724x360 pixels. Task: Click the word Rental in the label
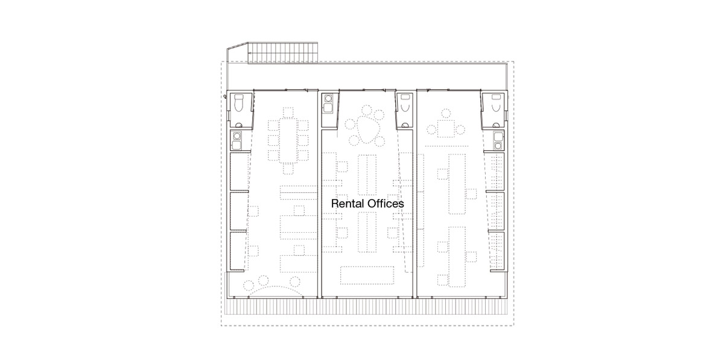tap(348, 204)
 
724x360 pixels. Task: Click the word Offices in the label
tap(386, 204)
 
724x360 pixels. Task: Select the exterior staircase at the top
tap(282, 52)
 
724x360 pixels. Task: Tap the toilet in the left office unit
tap(239, 103)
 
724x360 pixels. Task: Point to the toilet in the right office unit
tap(496, 103)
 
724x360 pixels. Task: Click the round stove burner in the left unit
tap(237, 136)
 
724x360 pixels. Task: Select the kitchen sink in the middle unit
tap(328, 108)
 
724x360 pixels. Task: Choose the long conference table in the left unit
tap(288, 140)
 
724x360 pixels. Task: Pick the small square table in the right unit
tap(446, 128)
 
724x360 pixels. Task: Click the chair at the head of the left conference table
tap(288, 112)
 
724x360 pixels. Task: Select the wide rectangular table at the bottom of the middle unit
tap(367, 276)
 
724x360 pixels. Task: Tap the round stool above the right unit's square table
tap(446, 114)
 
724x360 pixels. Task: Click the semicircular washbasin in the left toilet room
tap(239, 125)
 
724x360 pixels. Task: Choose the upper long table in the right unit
tap(457, 184)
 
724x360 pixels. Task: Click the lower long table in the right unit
tap(457, 257)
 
